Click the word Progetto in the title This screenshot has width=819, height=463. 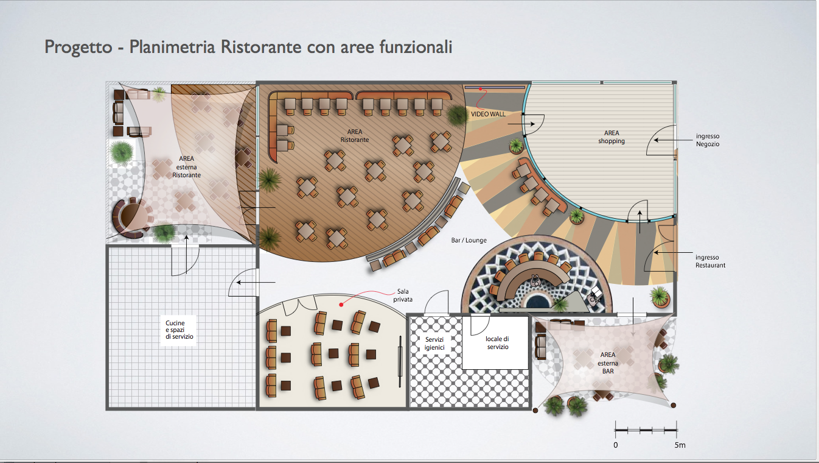(78, 48)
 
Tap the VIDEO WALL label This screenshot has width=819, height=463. (488, 114)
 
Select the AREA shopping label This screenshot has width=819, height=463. (612, 137)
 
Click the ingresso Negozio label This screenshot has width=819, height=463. (708, 140)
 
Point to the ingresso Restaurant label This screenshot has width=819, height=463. (710, 261)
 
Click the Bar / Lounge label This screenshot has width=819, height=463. (469, 241)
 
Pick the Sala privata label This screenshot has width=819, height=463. (403, 295)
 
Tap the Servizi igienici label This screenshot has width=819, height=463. (434, 344)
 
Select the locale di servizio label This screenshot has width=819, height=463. (497, 343)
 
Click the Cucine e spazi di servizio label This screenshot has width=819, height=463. (179, 330)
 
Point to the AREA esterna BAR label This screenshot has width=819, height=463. (608, 363)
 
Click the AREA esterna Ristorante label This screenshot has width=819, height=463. (186, 167)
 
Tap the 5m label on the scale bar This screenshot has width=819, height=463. (680, 445)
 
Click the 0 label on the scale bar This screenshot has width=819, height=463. (616, 445)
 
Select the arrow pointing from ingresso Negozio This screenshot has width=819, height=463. (673, 140)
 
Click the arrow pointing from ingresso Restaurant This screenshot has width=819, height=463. (673, 253)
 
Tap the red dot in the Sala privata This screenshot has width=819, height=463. (341, 305)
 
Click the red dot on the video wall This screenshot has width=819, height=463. (481, 89)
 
